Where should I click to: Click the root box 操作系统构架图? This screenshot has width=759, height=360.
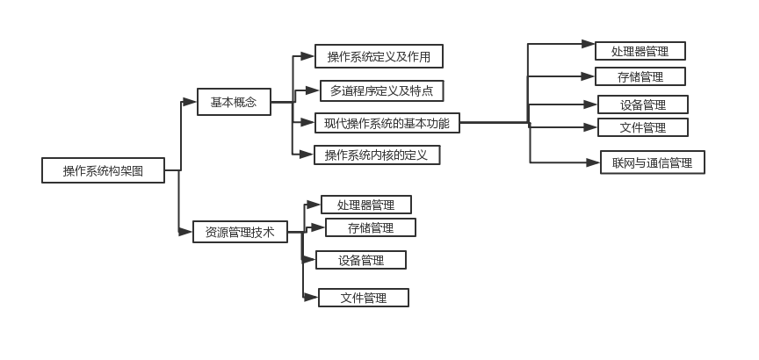pyautogui.click(x=103, y=170)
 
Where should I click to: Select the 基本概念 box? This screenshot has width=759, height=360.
pyautogui.click(x=234, y=102)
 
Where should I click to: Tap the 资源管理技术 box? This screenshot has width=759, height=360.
pyautogui.click(x=240, y=233)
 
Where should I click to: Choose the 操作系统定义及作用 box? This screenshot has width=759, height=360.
pyautogui.click(x=379, y=57)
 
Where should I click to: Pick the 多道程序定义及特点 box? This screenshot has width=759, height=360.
pyautogui.click(x=381, y=90)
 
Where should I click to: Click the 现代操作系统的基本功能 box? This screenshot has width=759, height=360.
pyautogui.click(x=387, y=123)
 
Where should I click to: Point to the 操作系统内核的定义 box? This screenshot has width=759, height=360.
pyautogui.click(x=377, y=155)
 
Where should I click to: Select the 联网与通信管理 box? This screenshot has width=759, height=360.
pyautogui.click(x=653, y=162)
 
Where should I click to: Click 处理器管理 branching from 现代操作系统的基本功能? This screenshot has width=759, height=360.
pyautogui.click(x=640, y=51)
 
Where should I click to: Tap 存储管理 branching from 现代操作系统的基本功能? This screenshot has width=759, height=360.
pyautogui.click(x=640, y=76)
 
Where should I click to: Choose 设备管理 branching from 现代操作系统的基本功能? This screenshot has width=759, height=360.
pyautogui.click(x=642, y=104)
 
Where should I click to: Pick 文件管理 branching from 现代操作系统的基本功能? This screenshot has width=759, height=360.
pyautogui.click(x=642, y=127)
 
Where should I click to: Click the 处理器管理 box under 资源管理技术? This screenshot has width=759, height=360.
pyautogui.click(x=365, y=205)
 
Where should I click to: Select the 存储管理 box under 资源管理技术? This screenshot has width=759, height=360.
pyautogui.click(x=370, y=227)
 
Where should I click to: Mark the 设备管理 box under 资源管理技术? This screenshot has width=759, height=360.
pyautogui.click(x=360, y=260)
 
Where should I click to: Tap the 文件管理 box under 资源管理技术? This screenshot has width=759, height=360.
pyautogui.click(x=363, y=298)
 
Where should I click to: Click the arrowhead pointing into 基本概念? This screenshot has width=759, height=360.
pyautogui.click(x=190, y=102)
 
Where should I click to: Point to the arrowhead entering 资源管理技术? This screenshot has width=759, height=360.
pyautogui.click(x=185, y=233)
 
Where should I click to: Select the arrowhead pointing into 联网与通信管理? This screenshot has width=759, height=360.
pyautogui.click(x=593, y=162)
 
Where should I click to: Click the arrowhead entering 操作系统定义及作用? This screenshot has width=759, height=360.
pyautogui.click(x=307, y=56)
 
